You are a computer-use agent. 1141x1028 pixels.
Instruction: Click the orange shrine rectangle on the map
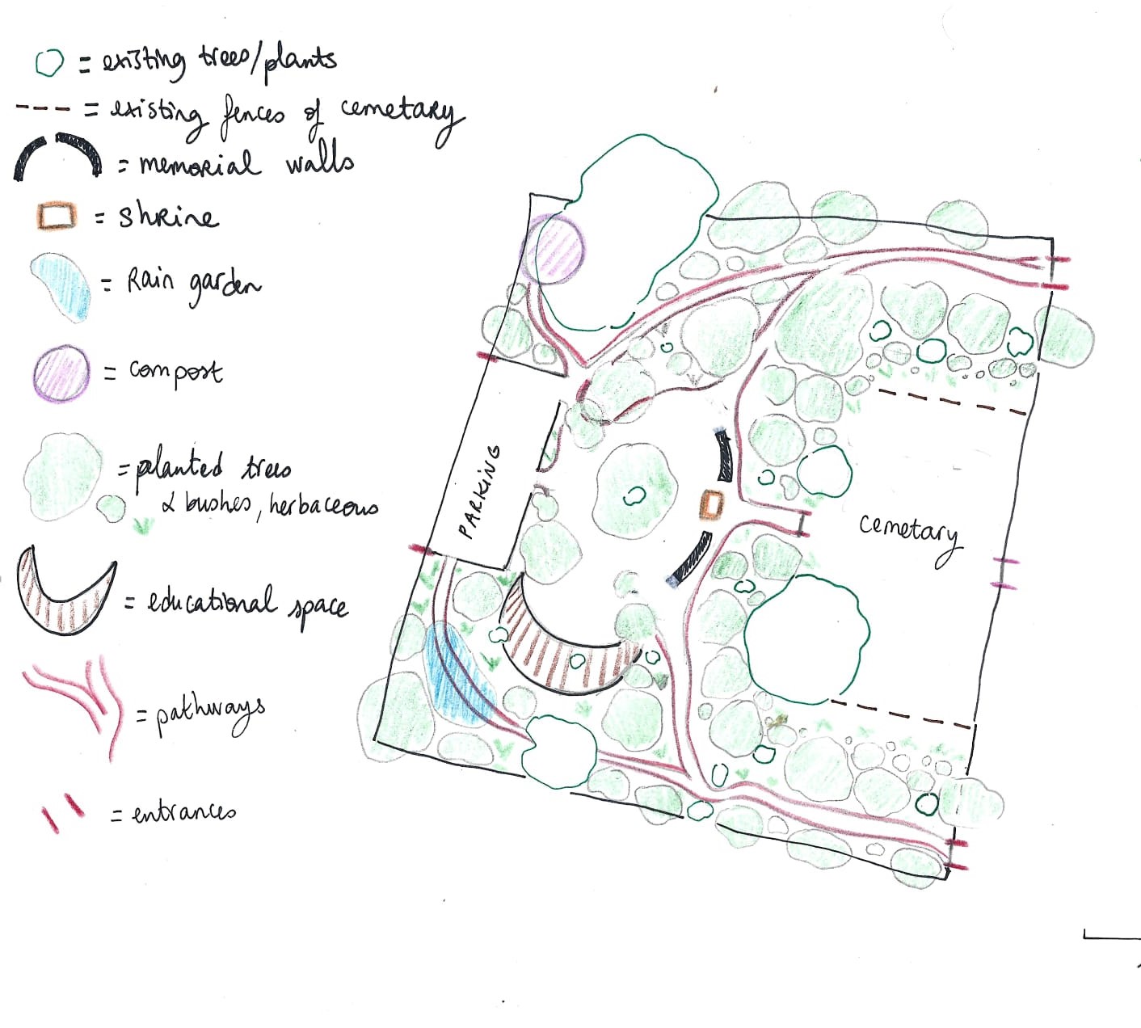point(712,504)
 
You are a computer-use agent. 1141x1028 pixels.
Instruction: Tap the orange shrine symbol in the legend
point(57,215)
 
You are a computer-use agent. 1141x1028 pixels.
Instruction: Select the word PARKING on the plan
point(479,491)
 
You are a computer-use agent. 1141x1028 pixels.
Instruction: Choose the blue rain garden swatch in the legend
point(61,286)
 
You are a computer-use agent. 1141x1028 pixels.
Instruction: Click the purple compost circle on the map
point(553,249)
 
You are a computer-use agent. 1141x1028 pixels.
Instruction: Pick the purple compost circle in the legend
point(61,373)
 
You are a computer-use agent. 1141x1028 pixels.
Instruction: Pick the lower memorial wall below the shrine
point(689,558)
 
